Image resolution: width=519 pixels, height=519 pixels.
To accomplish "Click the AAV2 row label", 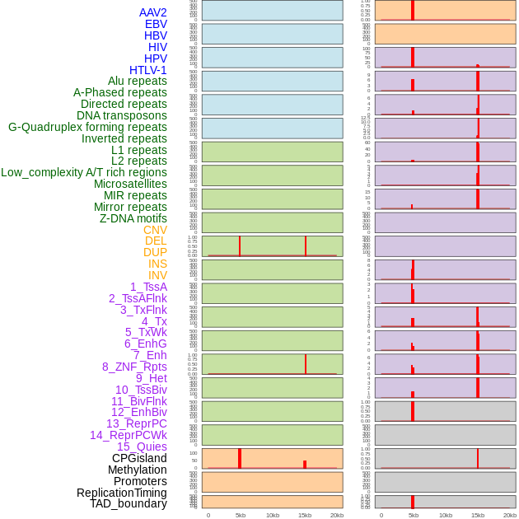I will click(153, 12).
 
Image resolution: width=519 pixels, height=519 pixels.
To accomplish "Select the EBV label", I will click(156, 24).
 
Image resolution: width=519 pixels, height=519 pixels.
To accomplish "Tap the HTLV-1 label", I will click(148, 70).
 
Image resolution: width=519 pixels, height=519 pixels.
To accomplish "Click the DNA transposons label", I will click(122, 115).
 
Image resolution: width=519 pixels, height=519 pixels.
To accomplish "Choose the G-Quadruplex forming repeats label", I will click(87, 127).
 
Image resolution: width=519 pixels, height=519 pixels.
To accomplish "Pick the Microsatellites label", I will click(130, 184).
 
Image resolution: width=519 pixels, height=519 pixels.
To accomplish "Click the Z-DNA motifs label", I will click(133, 218).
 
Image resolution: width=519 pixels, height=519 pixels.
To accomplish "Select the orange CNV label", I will click(155, 230).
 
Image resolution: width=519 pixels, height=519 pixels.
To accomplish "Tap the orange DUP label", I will click(155, 252).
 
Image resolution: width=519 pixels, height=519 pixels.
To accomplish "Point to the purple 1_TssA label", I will click(148, 287).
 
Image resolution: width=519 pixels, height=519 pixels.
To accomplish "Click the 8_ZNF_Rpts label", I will click(134, 367).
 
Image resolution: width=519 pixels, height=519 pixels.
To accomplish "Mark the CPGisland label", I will click(139, 458).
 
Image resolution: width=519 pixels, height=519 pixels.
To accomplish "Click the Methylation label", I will click(137, 470).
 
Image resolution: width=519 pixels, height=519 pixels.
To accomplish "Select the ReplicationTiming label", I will click(121, 493).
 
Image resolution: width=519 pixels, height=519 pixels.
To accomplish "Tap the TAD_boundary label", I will click(129, 503).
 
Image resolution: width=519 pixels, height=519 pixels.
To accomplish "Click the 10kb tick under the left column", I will click(273, 515).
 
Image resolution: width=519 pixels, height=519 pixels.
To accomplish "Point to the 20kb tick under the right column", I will click(510, 515).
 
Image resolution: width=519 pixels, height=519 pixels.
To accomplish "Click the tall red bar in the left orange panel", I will click(240, 458).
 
